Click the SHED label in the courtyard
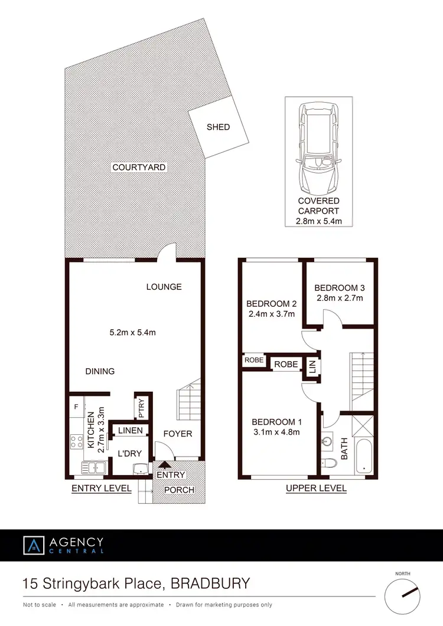(218, 127)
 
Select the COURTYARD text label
(139, 168)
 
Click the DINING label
(100, 371)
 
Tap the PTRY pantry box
(142, 407)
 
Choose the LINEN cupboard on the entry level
(131, 431)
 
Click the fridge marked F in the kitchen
(76, 407)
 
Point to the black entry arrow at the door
(163, 467)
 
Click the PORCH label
(178, 490)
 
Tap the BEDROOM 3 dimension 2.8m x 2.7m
(340, 298)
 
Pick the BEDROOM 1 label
(276, 422)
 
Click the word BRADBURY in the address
(210, 584)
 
